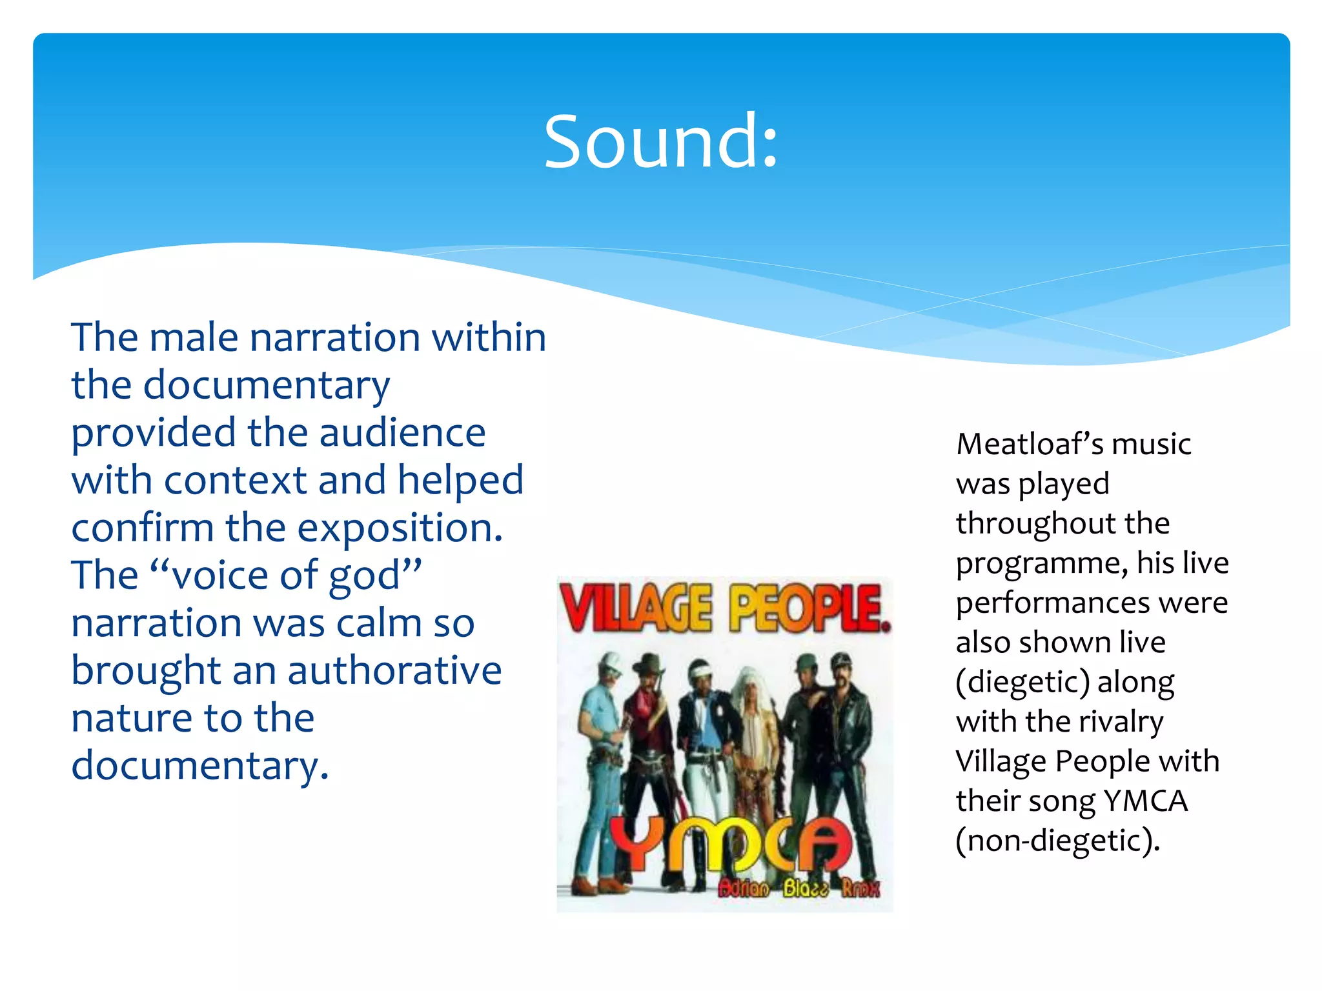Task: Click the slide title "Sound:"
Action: pyautogui.click(x=661, y=142)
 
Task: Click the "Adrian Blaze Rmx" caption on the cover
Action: pyautogui.click(x=798, y=889)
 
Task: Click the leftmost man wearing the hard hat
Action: pyautogui.click(x=600, y=742)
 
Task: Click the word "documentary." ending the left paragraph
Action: pyautogui.click(x=200, y=766)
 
